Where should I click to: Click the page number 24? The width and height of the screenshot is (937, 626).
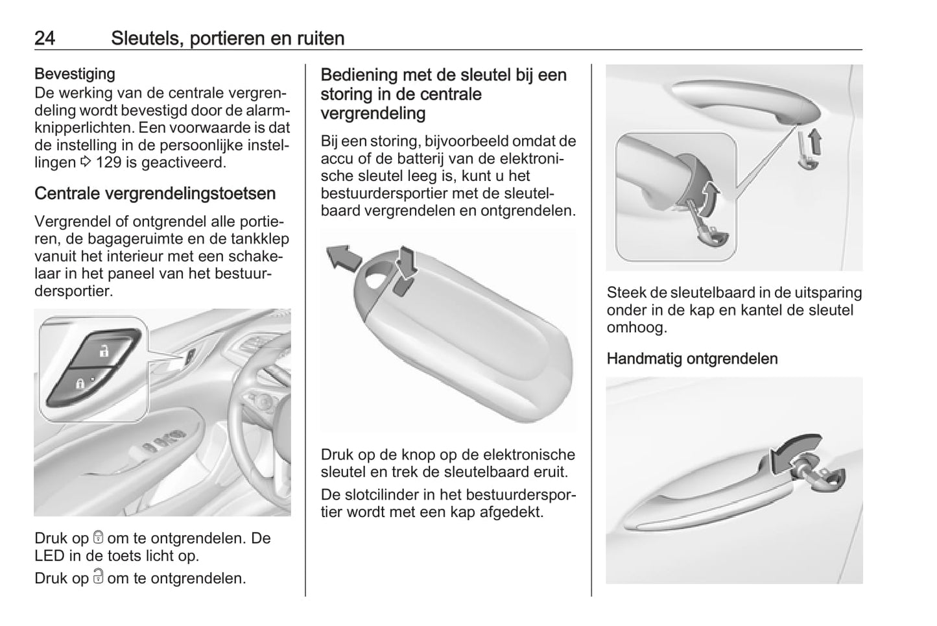click(x=45, y=38)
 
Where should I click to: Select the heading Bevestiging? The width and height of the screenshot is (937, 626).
click(x=75, y=74)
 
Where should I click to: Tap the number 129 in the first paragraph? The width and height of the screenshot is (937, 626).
click(x=109, y=162)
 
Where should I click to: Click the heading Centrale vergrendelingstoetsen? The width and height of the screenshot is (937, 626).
click(x=155, y=194)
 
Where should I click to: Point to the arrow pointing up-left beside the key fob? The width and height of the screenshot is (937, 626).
click(x=344, y=258)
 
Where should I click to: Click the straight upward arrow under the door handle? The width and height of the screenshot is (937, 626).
click(x=814, y=141)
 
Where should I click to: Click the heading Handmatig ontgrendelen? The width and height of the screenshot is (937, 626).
click(x=693, y=359)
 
